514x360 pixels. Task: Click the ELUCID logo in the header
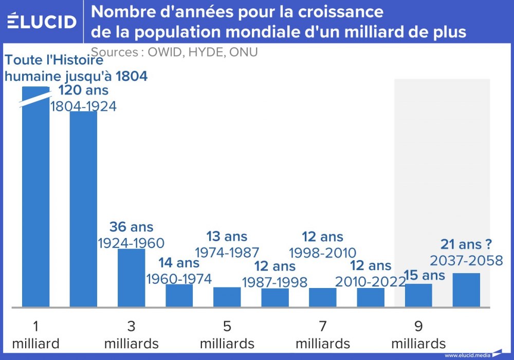click(x=42, y=21)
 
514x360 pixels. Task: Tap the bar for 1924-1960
click(x=131, y=278)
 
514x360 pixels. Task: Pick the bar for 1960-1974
click(x=179, y=295)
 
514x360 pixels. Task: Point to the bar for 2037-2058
click(x=466, y=290)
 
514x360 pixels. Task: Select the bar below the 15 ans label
click(x=418, y=295)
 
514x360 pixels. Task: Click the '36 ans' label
click(x=131, y=227)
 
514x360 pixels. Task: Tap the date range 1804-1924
click(x=83, y=106)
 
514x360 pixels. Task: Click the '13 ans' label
click(x=227, y=237)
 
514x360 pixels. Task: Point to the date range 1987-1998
click(x=274, y=282)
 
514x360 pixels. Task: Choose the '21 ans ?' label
click(x=467, y=245)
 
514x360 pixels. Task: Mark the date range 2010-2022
click(x=370, y=281)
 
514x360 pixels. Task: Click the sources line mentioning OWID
click(x=174, y=52)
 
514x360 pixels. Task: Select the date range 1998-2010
click(x=322, y=253)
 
